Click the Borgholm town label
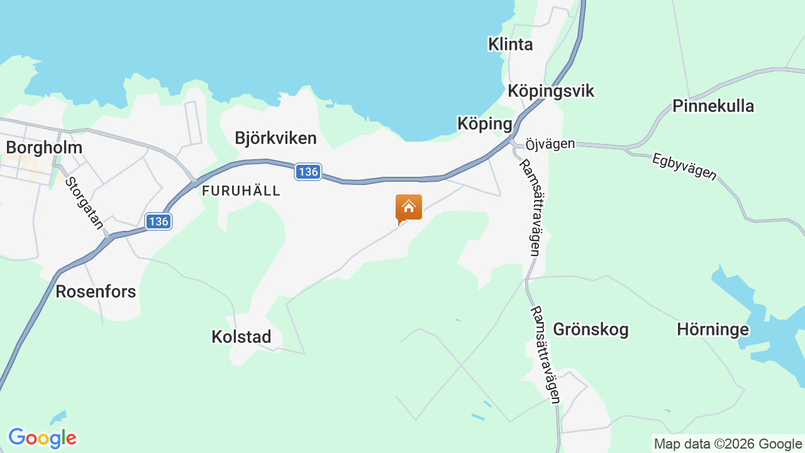[x=44, y=148]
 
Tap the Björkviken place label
[x=275, y=138]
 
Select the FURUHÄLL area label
[x=241, y=191]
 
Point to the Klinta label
[x=511, y=44]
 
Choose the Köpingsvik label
[x=551, y=91]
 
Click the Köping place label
[x=485, y=124]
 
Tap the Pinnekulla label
[x=713, y=106]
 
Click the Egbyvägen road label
[x=684, y=166]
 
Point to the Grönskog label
[x=591, y=329]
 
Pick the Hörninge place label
[x=713, y=329]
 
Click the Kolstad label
[x=241, y=337]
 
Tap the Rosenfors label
[x=96, y=291]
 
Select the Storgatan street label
[x=84, y=203]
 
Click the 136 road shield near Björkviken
[x=308, y=172]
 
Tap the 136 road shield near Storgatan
[x=158, y=221]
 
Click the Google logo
[x=42, y=438]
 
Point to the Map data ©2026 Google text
[x=728, y=444]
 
